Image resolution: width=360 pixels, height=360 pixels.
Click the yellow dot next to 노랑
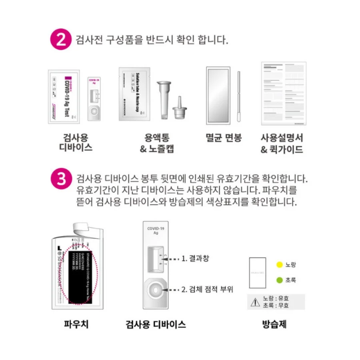[x=279, y=265]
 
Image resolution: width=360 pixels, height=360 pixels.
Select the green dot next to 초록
[x=279, y=280]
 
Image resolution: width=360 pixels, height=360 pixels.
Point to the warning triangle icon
[x=255, y=302]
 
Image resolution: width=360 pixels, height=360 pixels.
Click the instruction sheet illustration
[x=283, y=94]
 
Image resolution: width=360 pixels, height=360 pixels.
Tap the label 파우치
[x=76, y=324]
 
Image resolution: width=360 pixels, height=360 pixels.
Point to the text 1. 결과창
[x=195, y=258]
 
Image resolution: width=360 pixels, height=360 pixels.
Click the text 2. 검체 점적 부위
[x=207, y=289]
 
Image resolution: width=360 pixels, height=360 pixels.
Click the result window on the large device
[x=156, y=259]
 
